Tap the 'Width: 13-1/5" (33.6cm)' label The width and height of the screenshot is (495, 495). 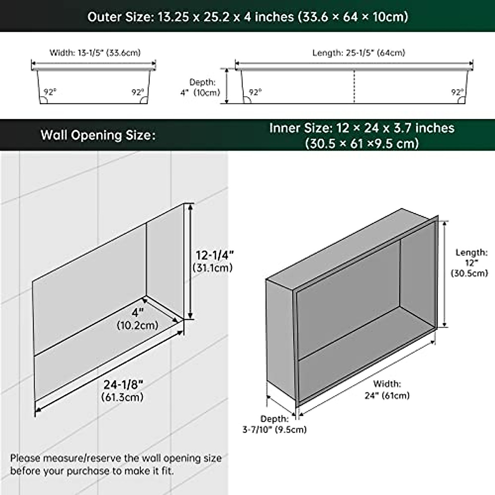95,53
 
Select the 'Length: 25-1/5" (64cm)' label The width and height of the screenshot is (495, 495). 358,53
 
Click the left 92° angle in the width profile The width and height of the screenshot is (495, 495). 49,92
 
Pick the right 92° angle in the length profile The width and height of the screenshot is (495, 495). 457,92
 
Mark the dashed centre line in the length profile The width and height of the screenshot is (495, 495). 354,87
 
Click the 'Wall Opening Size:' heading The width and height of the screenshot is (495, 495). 98,135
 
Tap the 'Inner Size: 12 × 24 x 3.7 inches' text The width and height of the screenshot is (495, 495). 362,128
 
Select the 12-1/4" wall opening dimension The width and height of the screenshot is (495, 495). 214,255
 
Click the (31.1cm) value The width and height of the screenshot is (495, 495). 213,268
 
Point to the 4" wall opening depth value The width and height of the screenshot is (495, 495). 137,312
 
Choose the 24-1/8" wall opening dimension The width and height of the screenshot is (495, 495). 123,384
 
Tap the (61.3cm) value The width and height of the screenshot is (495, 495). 123,397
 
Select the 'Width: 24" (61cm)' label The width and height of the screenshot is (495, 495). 387,390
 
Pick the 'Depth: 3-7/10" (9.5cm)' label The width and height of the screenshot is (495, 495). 274,424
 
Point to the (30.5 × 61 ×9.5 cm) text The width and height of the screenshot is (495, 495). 362,143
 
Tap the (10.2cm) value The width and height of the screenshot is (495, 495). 137,325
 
